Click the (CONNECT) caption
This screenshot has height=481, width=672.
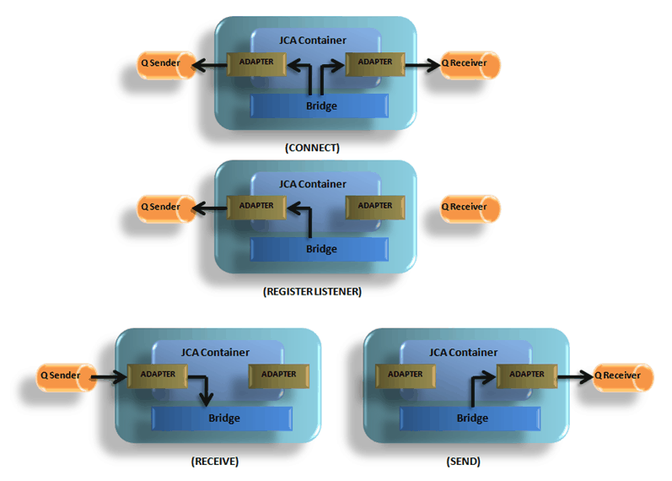point(312,148)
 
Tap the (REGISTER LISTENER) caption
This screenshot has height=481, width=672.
point(312,291)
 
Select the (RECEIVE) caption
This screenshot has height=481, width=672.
point(215,462)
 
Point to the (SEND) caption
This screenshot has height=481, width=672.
point(463,462)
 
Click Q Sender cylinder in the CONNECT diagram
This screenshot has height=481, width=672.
point(165,63)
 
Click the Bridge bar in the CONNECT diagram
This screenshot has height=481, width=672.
point(320,106)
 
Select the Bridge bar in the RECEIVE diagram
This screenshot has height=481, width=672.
point(223,419)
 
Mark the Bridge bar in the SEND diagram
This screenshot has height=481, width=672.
point(470,419)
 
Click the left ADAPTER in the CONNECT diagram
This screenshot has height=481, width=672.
point(256,62)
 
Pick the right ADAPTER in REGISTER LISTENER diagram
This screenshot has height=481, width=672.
point(374,206)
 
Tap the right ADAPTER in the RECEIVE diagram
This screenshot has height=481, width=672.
point(277,375)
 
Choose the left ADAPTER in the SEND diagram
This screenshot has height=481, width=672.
point(405,375)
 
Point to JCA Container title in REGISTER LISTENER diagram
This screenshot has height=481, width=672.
point(312,184)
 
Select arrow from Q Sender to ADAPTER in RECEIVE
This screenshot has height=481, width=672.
point(108,376)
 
